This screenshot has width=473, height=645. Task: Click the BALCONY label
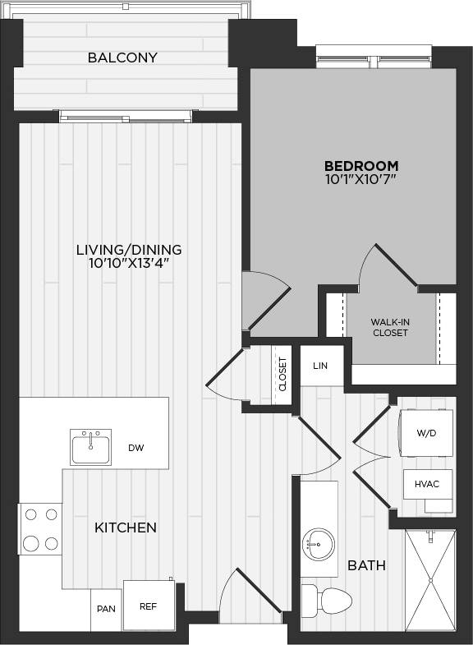[x=122, y=58]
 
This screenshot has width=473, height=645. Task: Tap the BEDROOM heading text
[x=361, y=165]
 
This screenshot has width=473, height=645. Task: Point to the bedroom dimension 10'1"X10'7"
[x=361, y=178]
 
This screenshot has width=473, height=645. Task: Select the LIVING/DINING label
[x=129, y=250]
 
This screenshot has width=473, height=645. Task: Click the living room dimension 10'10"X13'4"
[x=129, y=264]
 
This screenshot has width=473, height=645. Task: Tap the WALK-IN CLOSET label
[x=390, y=327]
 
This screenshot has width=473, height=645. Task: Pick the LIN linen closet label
[x=320, y=366]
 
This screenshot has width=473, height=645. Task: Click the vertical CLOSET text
[x=283, y=374]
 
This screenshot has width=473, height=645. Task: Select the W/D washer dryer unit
[x=425, y=433]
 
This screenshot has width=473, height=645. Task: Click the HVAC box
[x=428, y=484]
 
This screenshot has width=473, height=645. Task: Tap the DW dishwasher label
[x=136, y=448]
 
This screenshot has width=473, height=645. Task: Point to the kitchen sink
[x=90, y=447]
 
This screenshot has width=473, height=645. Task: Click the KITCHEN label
[x=126, y=528]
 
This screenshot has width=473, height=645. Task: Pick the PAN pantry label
[x=106, y=609]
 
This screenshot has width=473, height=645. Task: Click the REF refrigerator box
[x=149, y=606]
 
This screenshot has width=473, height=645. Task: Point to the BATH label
[x=366, y=565]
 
